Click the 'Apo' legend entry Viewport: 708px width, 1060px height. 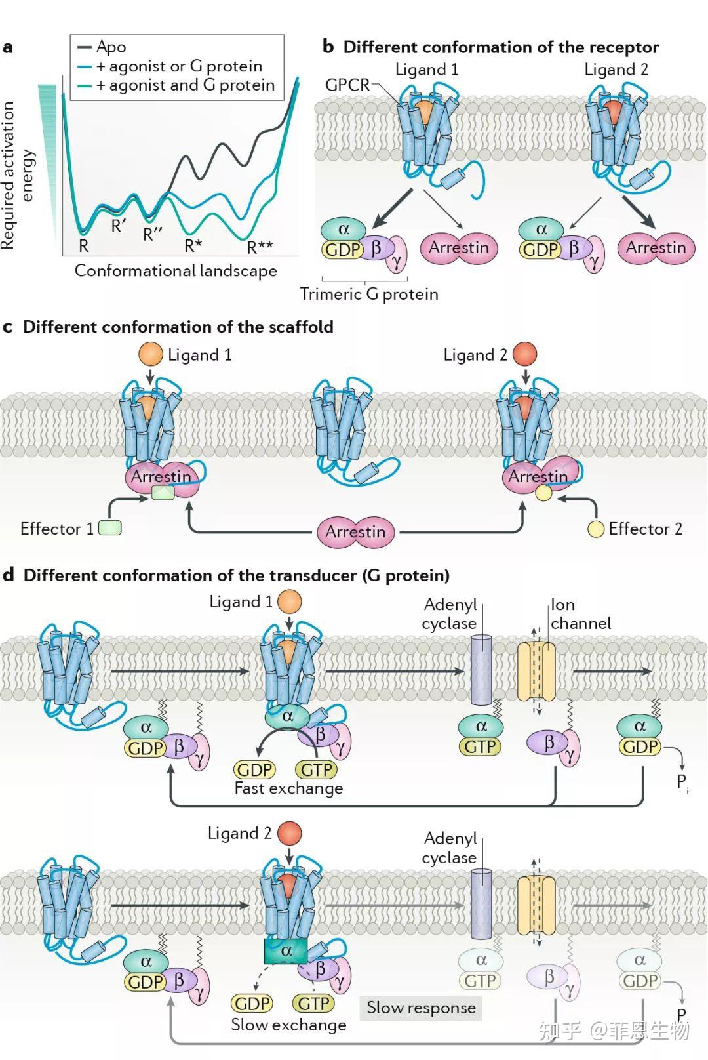click(111, 47)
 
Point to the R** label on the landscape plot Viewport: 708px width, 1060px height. click(260, 247)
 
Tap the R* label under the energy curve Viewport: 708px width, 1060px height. click(193, 246)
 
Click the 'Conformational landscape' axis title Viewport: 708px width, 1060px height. click(176, 271)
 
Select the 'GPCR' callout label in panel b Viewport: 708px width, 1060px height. click(347, 85)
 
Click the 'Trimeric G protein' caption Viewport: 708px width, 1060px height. click(369, 294)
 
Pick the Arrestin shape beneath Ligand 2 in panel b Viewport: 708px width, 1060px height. click(656, 248)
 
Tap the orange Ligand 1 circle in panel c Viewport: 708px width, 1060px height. click(151, 355)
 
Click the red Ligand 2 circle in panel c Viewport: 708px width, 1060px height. click(524, 355)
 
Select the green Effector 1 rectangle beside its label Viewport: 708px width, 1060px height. click(110, 528)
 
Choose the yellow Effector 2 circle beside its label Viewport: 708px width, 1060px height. click(595, 529)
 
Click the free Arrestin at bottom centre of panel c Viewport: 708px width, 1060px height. click(355, 532)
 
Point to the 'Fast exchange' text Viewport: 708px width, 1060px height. click(288, 788)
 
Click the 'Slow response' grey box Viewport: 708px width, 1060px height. click(421, 1008)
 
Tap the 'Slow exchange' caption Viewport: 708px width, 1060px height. click(288, 1025)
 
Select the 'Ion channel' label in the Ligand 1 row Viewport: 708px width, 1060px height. click(580, 614)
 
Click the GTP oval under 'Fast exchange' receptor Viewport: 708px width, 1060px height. click(317, 769)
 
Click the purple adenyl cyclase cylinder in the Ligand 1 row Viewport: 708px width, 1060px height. click(482, 670)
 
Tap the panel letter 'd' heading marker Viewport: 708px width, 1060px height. click(9, 575)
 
